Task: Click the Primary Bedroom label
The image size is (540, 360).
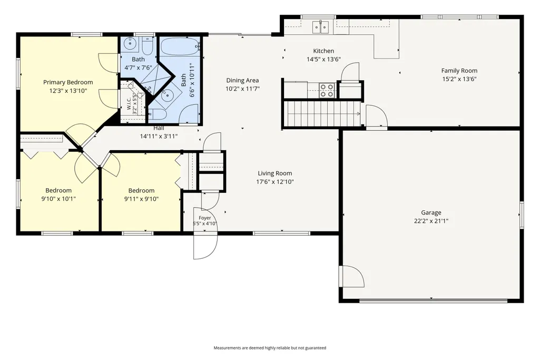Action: click(68, 82)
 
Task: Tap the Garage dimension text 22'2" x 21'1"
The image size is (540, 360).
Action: click(431, 221)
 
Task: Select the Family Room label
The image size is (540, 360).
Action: click(459, 71)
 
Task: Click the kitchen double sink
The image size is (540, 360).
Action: click(321, 27)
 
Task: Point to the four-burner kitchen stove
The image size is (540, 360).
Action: click(327, 90)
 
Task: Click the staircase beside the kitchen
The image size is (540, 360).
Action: click(322, 114)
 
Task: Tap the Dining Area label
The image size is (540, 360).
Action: click(242, 80)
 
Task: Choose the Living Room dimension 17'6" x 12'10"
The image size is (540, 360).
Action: click(275, 182)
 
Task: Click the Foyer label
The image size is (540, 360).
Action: click(204, 218)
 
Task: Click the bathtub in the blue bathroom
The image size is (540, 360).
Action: click(180, 46)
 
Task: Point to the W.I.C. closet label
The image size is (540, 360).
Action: click(129, 104)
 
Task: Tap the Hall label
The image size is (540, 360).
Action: click(159, 128)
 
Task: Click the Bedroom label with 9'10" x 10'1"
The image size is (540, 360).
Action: click(58, 190)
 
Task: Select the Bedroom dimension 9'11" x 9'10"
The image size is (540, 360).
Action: click(141, 199)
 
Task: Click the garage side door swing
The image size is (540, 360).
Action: click(351, 276)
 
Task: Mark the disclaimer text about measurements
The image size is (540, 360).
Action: click(270, 348)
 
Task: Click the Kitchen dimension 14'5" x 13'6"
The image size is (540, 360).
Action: click(323, 59)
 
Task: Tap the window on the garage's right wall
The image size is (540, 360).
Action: click(522, 215)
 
